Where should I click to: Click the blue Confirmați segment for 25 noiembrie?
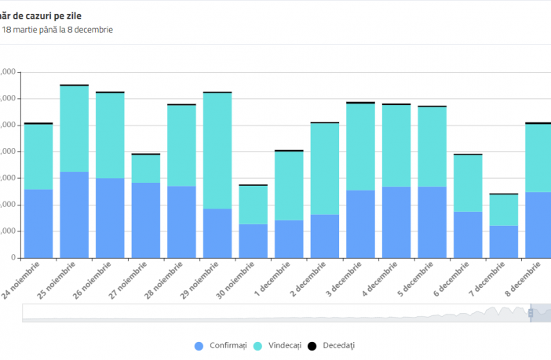pos(74,214)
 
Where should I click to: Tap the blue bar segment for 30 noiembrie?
pos(253,241)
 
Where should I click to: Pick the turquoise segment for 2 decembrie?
pos(324,169)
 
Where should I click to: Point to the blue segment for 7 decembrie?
pos(503,242)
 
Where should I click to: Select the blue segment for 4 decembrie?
pos(396,222)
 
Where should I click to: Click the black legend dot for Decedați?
pos(310,345)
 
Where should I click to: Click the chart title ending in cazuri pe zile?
pos(47,15)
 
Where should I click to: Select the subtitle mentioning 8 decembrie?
pos(58,30)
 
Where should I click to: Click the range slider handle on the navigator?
pos(531,312)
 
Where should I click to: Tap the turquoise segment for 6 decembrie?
pos(468,183)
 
